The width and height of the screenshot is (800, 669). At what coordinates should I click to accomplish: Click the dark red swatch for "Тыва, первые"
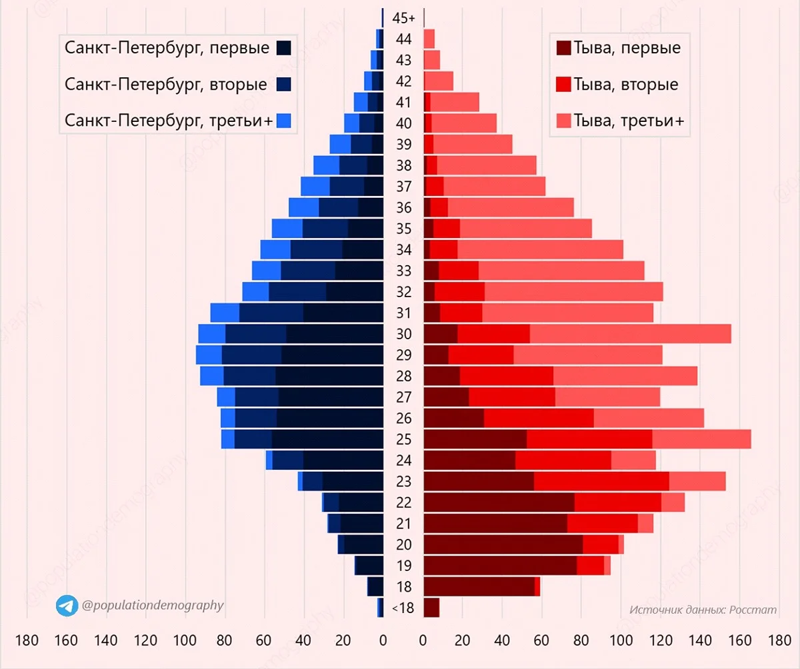pos(563,49)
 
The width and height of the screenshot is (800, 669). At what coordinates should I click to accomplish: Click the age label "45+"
pos(403,18)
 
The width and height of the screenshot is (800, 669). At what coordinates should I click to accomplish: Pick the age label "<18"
pos(403,608)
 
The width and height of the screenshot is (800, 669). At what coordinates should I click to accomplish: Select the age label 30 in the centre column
pos(403,334)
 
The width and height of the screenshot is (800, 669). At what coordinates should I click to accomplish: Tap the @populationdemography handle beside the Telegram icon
pos(152,605)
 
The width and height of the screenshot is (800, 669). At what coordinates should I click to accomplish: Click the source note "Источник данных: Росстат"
pos(703,610)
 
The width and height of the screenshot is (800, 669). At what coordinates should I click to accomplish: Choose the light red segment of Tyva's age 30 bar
pos(630,334)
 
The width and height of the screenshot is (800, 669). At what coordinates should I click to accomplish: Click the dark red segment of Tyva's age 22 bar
pos(499,502)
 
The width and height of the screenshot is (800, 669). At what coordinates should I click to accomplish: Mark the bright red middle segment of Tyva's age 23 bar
pos(601,481)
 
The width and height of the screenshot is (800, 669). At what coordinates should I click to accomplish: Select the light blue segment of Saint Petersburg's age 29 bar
pos(209,355)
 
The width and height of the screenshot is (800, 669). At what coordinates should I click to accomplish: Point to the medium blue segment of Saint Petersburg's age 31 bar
pos(271,313)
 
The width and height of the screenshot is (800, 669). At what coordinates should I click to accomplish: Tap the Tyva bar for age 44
pos(429,39)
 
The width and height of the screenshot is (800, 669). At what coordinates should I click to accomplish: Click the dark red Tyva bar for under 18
pos(431,608)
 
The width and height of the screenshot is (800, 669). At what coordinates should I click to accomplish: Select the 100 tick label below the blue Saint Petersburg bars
pos(185,642)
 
